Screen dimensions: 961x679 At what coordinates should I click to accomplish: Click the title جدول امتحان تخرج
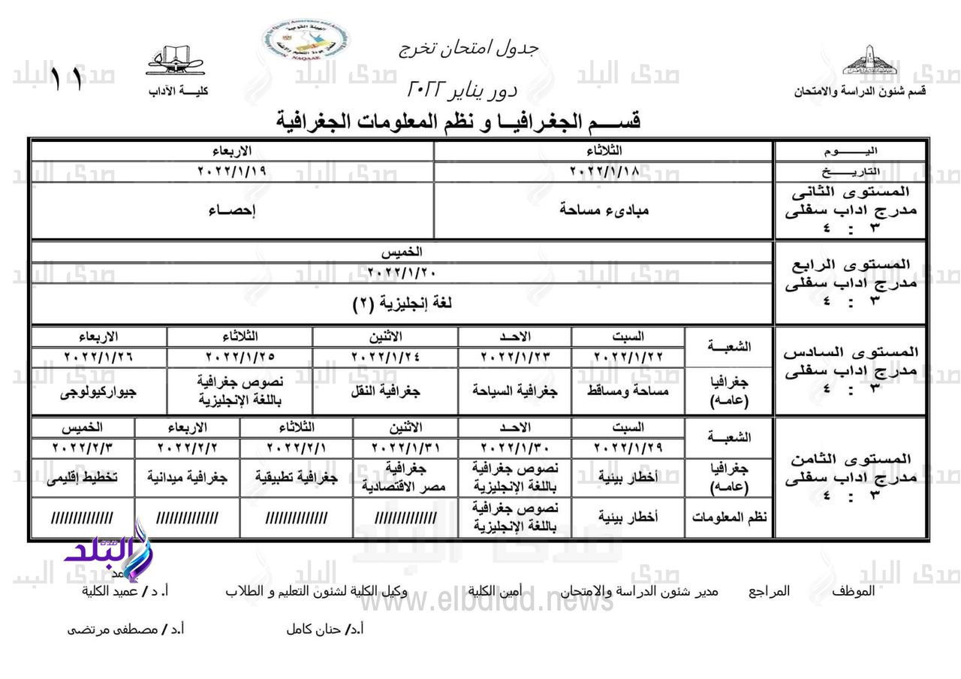click(469, 47)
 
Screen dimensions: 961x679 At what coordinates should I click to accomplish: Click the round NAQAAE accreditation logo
click(306, 41)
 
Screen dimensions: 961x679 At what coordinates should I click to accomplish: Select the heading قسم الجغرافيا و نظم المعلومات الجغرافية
click(459, 120)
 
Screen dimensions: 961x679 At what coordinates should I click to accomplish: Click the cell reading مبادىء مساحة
click(604, 210)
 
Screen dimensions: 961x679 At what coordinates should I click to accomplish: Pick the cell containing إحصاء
click(232, 210)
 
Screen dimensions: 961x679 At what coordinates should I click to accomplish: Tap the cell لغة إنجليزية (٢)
click(402, 303)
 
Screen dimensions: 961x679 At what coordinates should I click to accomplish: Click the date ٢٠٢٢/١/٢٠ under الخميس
click(402, 272)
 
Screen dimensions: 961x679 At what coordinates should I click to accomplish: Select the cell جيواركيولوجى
click(98, 391)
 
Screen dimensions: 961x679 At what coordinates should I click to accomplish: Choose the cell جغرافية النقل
click(385, 391)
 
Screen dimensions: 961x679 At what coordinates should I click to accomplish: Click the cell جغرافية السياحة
click(515, 391)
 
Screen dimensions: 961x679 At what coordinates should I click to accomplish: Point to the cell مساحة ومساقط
click(628, 391)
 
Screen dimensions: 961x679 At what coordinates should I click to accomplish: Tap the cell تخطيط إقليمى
click(83, 477)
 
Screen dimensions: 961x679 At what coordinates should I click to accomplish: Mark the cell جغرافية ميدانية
click(187, 477)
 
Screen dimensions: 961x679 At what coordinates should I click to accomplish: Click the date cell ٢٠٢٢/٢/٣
click(83, 448)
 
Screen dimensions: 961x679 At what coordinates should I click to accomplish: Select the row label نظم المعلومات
click(729, 518)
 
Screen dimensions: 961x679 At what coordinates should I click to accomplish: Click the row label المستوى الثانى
click(851, 192)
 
